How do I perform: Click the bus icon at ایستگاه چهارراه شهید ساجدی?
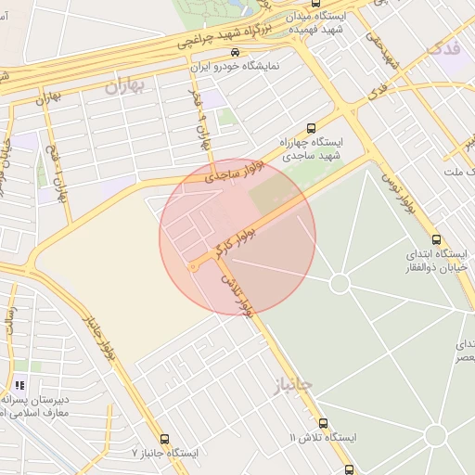pos(311,130)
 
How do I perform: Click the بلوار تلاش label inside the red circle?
pos(236,291)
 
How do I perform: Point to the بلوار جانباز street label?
pos(100,340)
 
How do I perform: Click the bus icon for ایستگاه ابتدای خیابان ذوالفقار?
pos(413,239)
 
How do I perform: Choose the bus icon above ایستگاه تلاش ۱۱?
pos(322,423)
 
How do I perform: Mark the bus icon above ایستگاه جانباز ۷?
pos(165,439)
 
